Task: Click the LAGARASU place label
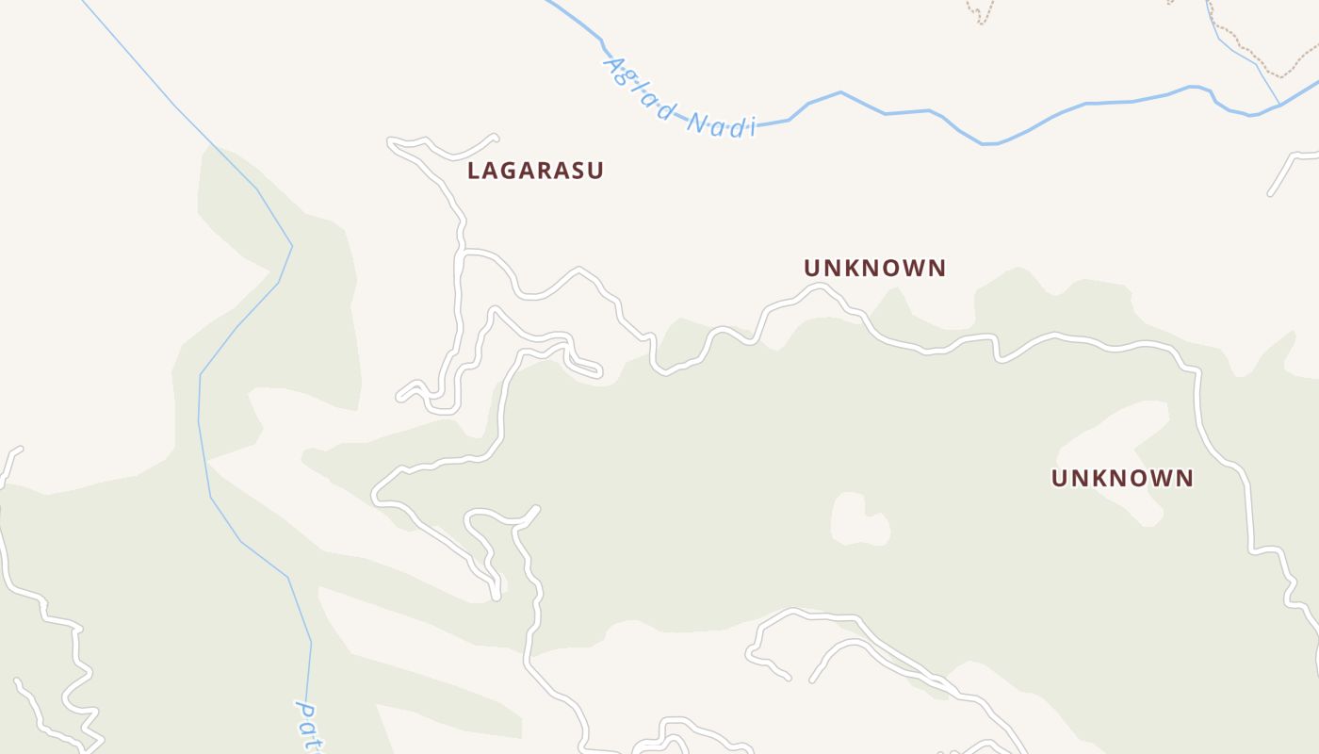[x=535, y=171]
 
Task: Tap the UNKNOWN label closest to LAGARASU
[x=874, y=268]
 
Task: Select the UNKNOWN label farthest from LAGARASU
[x=1122, y=478]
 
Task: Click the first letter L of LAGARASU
[x=475, y=171]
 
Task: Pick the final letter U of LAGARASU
[x=595, y=171]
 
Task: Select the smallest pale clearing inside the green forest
[x=860, y=519]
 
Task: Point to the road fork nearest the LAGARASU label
[x=462, y=253]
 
